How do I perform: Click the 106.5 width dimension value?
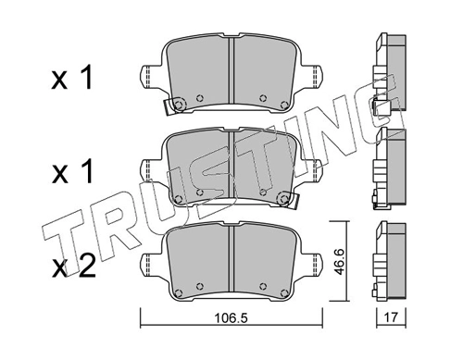(x=231, y=318)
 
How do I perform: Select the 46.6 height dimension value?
(x=340, y=261)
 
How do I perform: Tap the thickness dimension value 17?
(x=391, y=317)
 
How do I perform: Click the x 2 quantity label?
(x=73, y=267)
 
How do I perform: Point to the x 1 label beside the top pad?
(x=72, y=79)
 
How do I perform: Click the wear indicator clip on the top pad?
(x=174, y=106)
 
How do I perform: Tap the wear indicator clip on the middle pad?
(x=288, y=199)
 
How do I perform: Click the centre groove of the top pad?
(x=231, y=71)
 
